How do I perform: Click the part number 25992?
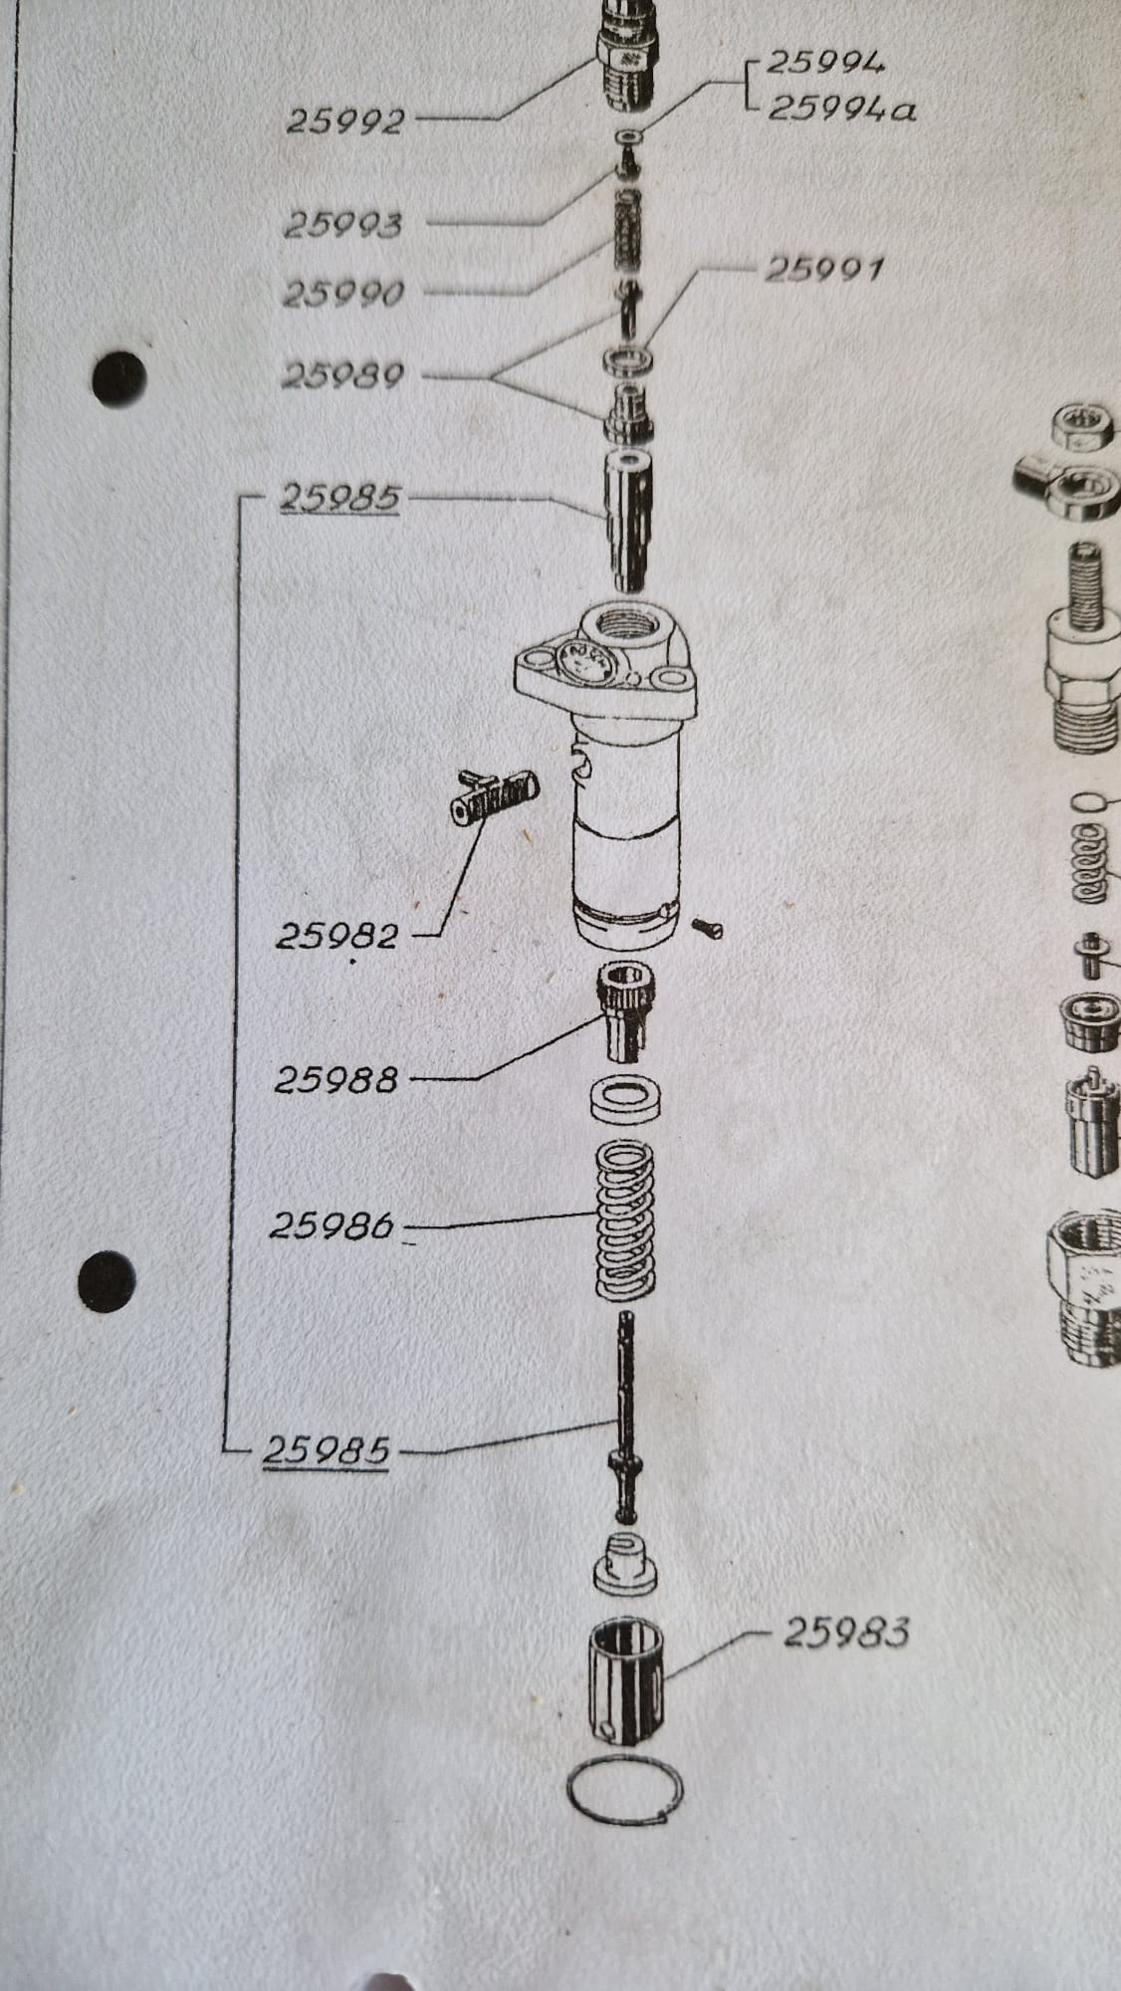click(x=345, y=121)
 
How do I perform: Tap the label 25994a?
click(x=841, y=107)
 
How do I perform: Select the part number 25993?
click(x=343, y=226)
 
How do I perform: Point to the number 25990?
click(x=343, y=295)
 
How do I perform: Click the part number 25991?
click(x=823, y=269)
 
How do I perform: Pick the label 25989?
click(x=342, y=376)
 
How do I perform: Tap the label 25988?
click(x=336, y=1079)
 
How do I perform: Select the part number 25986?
click(x=332, y=1225)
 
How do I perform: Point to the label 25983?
click(x=846, y=1633)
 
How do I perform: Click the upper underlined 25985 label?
click(x=339, y=498)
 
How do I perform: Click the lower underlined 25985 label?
click(x=326, y=1451)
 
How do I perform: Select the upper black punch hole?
click(x=119, y=376)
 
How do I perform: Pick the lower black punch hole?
click(x=106, y=1276)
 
